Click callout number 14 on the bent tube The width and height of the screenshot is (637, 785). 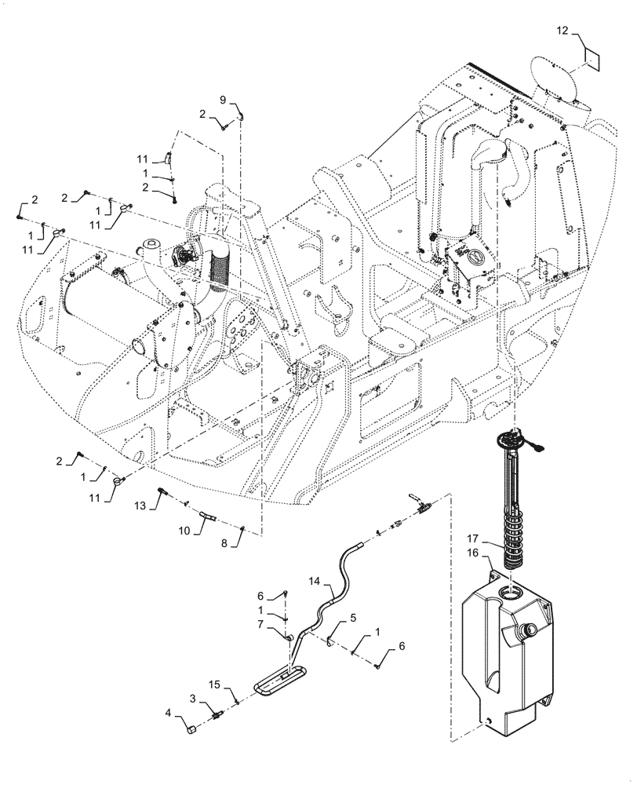(x=315, y=583)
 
